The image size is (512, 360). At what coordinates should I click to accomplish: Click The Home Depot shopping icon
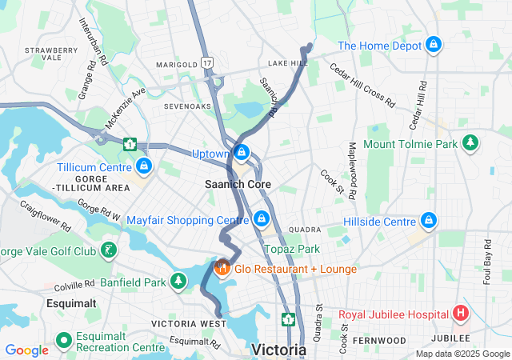[434, 45]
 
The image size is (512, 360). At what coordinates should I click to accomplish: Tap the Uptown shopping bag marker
[240, 152]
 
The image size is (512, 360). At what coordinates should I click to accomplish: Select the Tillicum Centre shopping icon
[144, 166]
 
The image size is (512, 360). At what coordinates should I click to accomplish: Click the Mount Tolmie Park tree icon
[471, 144]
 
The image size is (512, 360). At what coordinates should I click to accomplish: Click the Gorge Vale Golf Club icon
[109, 251]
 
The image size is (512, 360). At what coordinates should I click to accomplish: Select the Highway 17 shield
[208, 62]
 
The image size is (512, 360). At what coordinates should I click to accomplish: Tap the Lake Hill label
[287, 62]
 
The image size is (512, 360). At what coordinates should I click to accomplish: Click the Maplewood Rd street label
[351, 171]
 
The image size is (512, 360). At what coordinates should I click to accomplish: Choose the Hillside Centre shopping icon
[429, 221]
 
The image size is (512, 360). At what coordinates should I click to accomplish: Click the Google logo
[26, 350]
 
